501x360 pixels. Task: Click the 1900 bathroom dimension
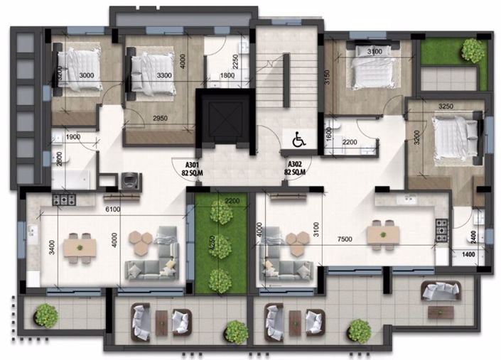coord(72,137)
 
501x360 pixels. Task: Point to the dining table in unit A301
coord(80,246)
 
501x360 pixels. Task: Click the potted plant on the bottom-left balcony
coord(45,314)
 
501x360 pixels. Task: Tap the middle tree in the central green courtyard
coord(220,246)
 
